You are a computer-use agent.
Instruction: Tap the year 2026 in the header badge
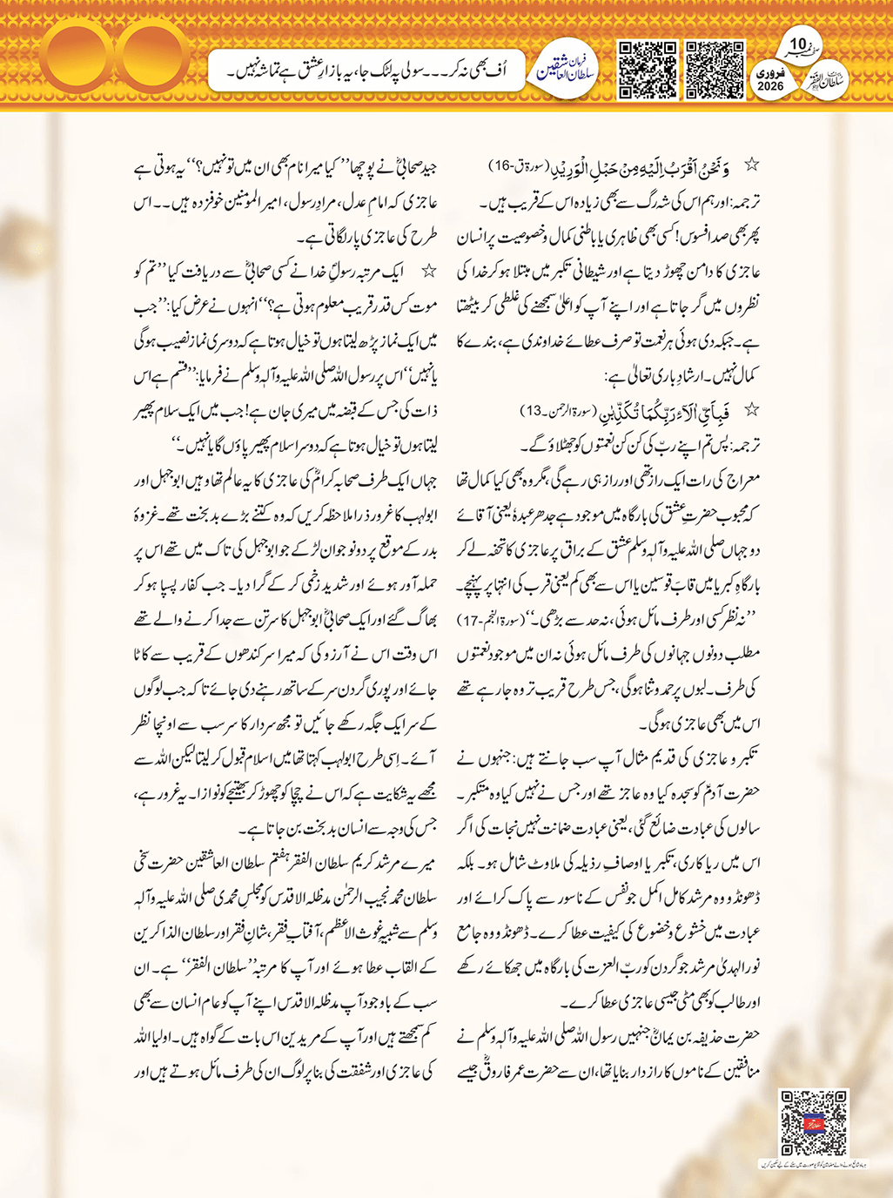pyautogui.click(x=770, y=86)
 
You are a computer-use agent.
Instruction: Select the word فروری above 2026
pyautogui.click(x=770, y=73)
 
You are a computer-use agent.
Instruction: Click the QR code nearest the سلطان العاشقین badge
pyautogui.click(x=647, y=70)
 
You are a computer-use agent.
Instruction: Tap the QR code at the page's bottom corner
pyautogui.click(x=814, y=1123)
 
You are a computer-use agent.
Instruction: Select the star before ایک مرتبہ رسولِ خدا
pyautogui.click(x=428, y=272)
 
